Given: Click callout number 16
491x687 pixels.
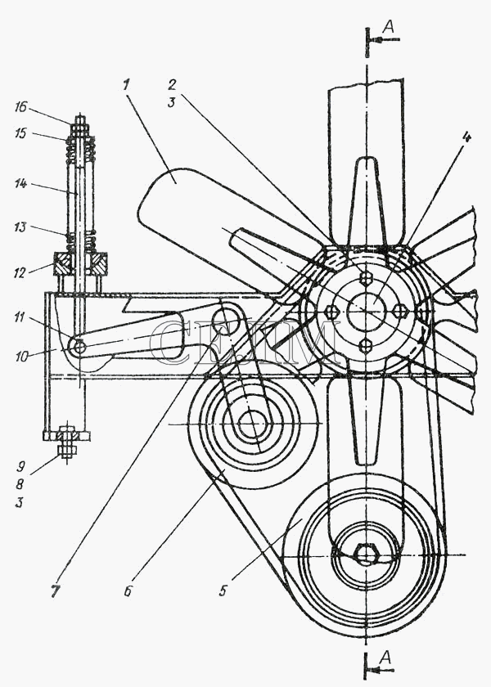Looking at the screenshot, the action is tap(20, 107).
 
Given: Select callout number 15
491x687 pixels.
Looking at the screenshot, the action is tap(20, 132).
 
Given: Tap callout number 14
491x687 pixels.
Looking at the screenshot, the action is tap(20, 183).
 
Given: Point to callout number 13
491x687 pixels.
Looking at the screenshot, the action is tap(20, 227).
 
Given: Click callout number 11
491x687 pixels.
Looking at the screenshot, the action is tap(19, 317).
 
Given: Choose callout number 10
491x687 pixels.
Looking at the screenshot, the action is tap(21, 357).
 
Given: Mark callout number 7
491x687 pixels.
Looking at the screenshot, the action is tap(54, 590).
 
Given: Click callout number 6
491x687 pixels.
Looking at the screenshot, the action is tap(128, 590).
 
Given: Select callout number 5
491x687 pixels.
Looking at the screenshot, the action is tap(223, 590).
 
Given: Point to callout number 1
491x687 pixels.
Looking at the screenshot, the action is tap(126, 84).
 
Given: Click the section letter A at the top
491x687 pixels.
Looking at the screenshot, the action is tap(389, 27).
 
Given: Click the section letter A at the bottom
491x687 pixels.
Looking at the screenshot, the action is tap(385, 656).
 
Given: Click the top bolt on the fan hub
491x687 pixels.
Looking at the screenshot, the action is tap(365, 278).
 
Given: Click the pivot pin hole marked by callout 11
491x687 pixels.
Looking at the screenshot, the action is tap(79, 347).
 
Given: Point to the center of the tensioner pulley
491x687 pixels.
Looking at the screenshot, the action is tap(252, 424).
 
